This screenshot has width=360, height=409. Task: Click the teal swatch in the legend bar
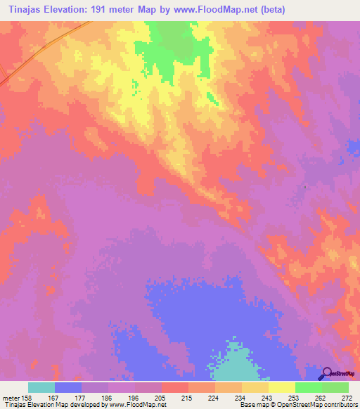(41, 387)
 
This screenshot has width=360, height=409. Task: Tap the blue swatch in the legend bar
(68, 387)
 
